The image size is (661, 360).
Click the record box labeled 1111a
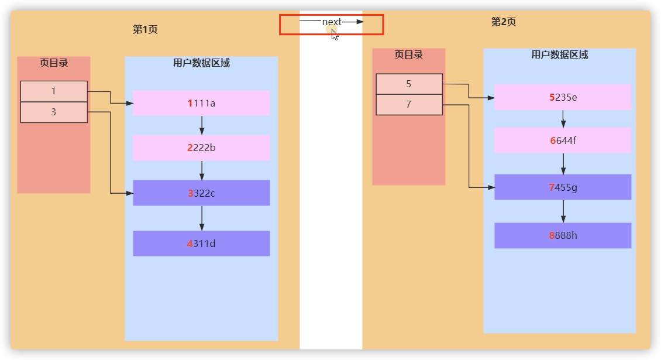click(x=201, y=103)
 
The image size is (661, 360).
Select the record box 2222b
click(x=201, y=148)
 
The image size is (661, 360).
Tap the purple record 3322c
click(x=201, y=193)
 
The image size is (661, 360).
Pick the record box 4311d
click(x=201, y=244)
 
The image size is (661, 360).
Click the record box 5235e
click(x=563, y=97)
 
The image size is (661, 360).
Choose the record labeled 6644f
click(x=563, y=140)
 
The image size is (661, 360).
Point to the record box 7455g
click(x=563, y=187)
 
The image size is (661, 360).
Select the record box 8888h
click(x=563, y=235)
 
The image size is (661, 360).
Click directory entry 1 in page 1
click(x=54, y=91)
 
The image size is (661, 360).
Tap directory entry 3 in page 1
click(x=54, y=112)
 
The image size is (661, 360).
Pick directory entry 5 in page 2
click(x=409, y=84)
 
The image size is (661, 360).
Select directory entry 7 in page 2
click(x=409, y=105)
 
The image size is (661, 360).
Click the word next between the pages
click(x=332, y=22)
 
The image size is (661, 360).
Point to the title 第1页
click(x=145, y=29)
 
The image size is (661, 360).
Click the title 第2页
click(x=503, y=22)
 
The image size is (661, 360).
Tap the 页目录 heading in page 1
click(x=54, y=63)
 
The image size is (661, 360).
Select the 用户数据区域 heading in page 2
click(x=560, y=55)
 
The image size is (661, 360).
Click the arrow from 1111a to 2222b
click(x=202, y=125)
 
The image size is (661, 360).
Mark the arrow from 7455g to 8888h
click(x=563, y=211)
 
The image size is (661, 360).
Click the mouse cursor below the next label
click(x=335, y=35)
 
